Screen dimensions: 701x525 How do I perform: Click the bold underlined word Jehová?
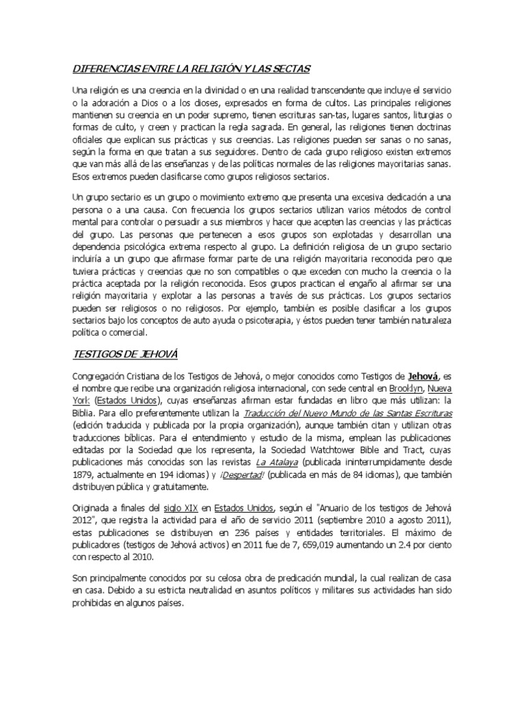point(423,376)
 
